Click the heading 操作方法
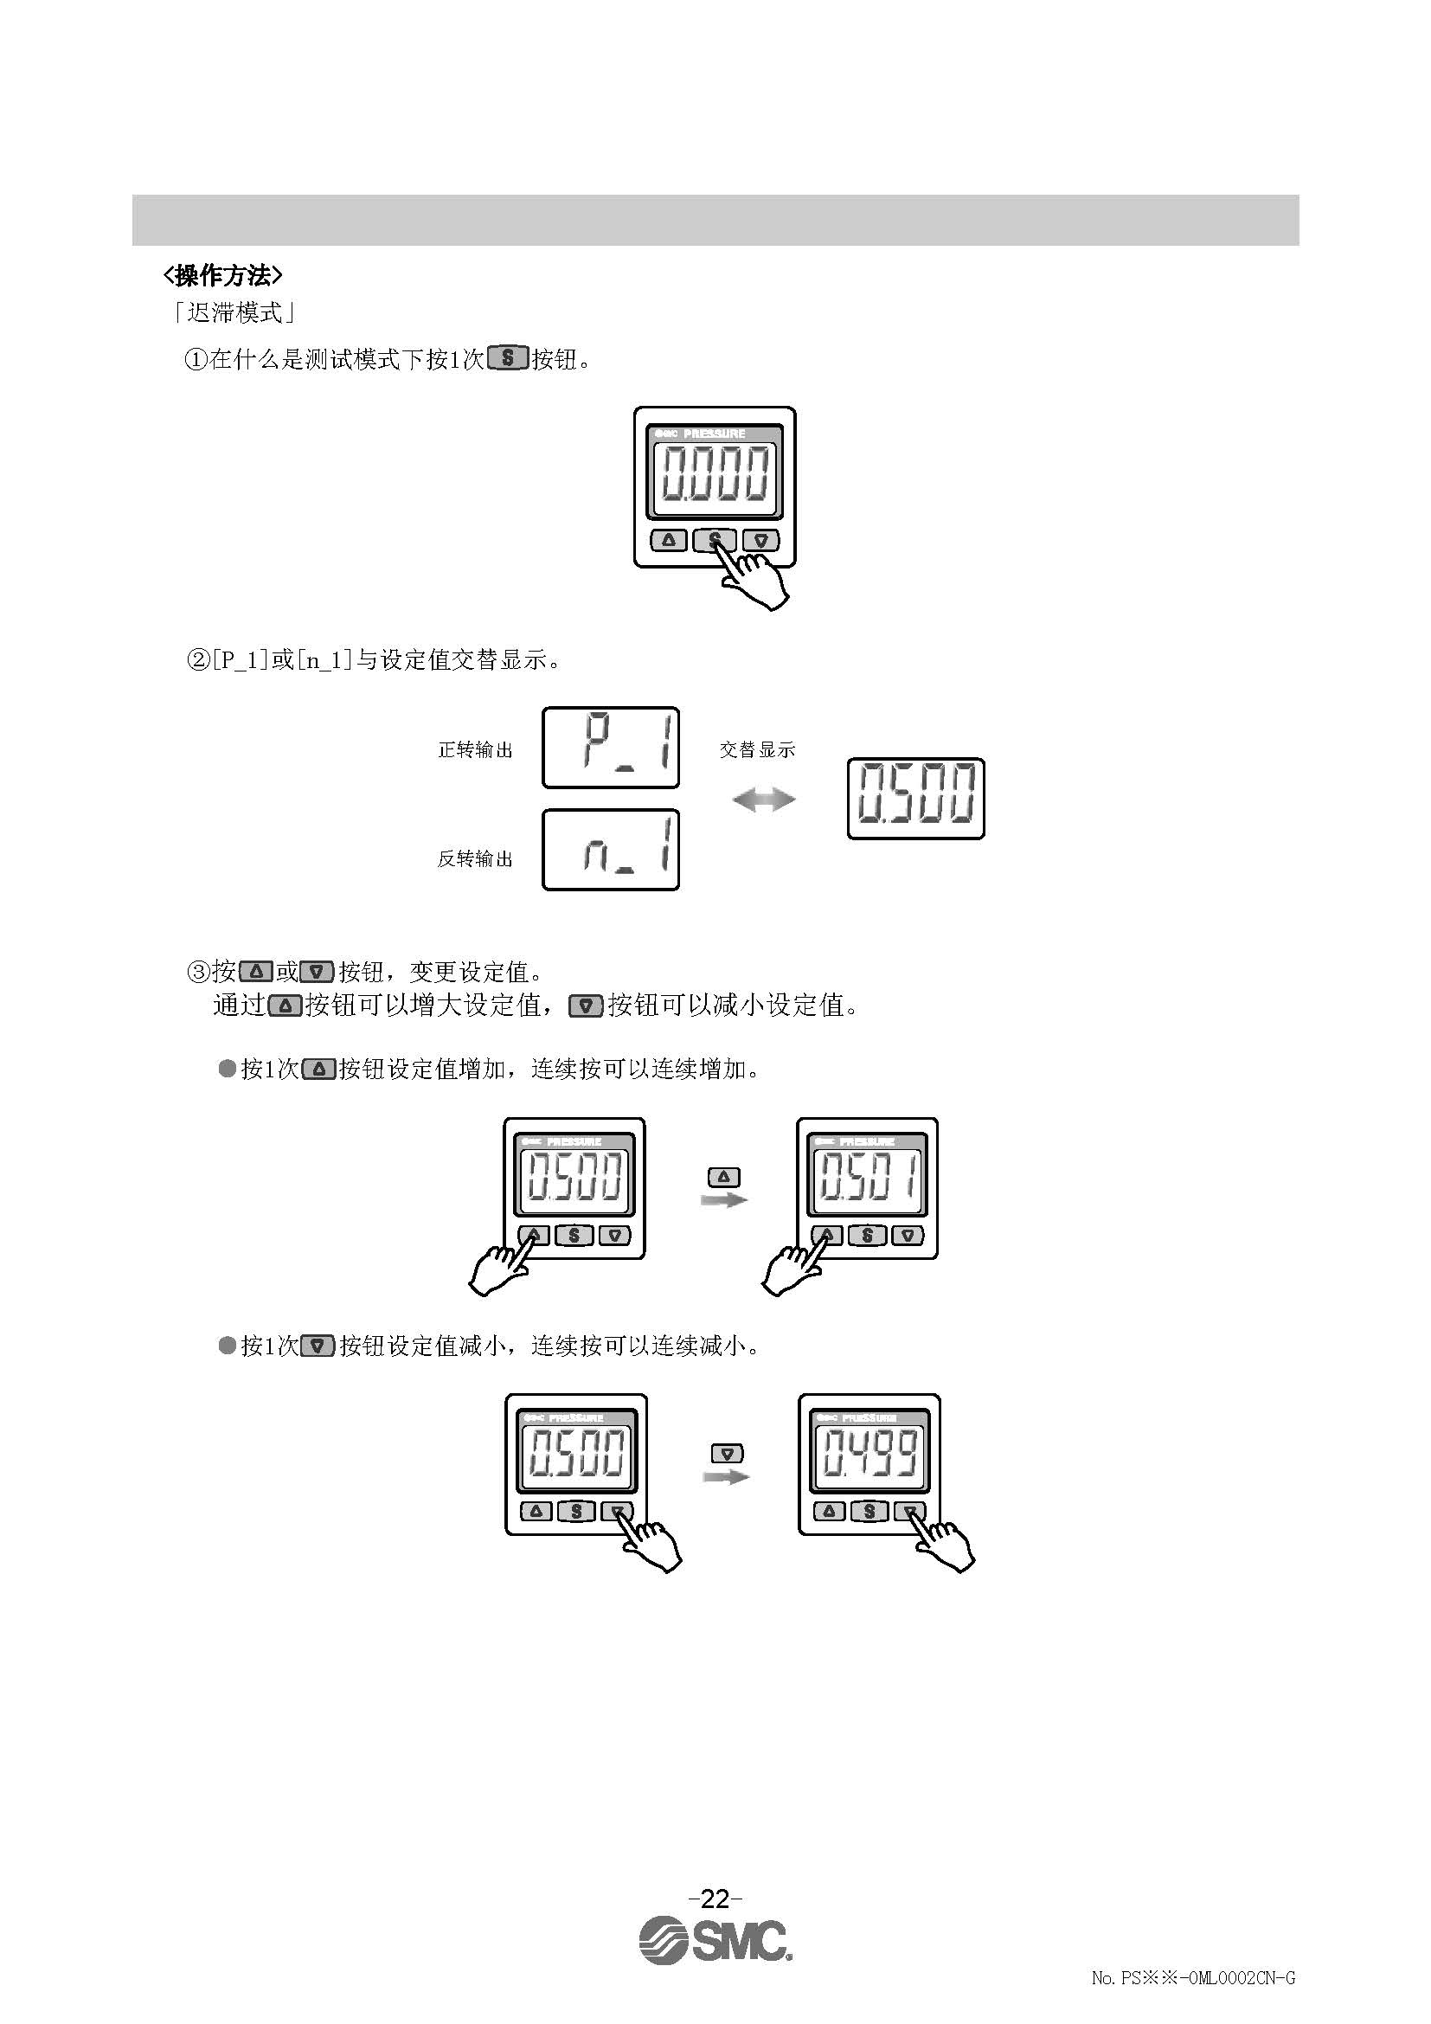(x=222, y=276)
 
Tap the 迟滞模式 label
(x=234, y=312)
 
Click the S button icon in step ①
(x=508, y=359)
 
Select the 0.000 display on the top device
(x=715, y=473)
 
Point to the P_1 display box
(x=611, y=748)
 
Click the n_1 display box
(x=611, y=850)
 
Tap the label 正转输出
(x=475, y=750)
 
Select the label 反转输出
(x=475, y=858)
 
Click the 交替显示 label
(x=757, y=749)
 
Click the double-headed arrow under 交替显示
(x=763, y=800)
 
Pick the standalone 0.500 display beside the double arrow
(x=915, y=798)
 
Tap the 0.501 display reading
(x=867, y=1177)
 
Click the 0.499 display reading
(x=869, y=1453)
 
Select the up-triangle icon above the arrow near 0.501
(x=724, y=1177)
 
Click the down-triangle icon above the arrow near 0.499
(x=726, y=1453)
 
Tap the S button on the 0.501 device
(x=867, y=1235)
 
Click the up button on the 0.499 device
(x=828, y=1511)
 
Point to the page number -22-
(x=715, y=1896)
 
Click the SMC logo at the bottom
(x=715, y=1938)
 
